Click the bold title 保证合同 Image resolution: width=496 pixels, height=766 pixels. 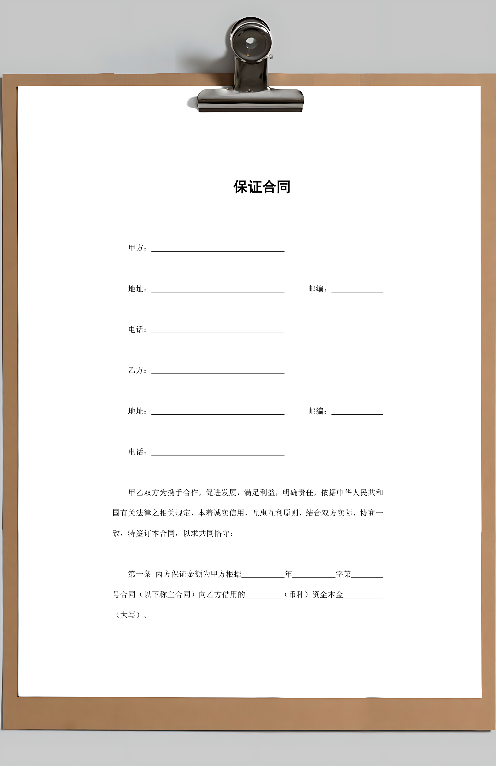(x=262, y=187)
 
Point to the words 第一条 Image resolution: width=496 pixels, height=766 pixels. (x=139, y=574)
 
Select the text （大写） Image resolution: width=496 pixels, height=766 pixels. (x=128, y=615)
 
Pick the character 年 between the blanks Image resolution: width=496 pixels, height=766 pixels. (x=288, y=574)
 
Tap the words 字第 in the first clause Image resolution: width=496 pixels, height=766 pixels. (x=343, y=574)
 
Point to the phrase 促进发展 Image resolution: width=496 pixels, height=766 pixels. (x=221, y=493)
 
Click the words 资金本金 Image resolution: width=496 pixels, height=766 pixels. (x=328, y=595)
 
